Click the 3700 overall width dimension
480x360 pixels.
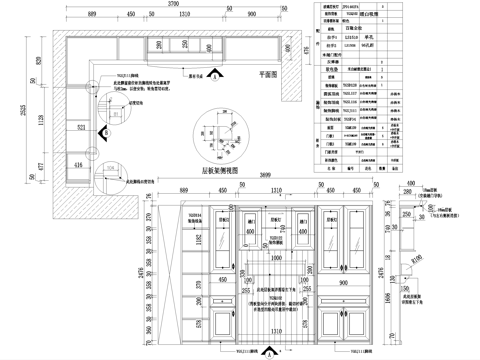click(175, 5)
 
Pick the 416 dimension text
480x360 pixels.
click(80, 160)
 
